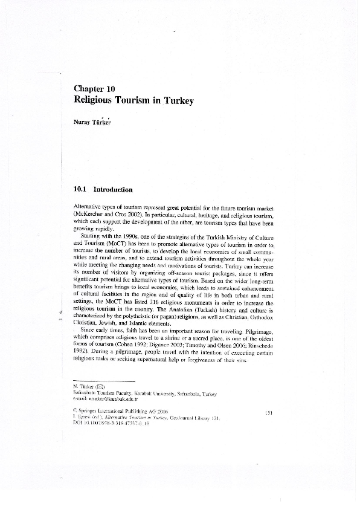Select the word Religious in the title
click(98, 101)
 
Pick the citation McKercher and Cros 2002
click(102, 215)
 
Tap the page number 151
click(270, 412)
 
